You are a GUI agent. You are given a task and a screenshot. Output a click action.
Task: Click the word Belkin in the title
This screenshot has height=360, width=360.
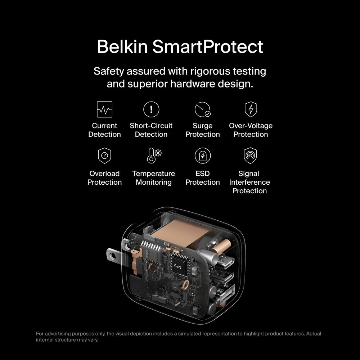click(122, 46)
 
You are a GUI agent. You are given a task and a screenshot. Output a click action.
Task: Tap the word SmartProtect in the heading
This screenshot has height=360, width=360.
click(208, 46)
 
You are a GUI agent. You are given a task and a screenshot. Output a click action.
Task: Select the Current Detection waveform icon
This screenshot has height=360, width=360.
click(104, 109)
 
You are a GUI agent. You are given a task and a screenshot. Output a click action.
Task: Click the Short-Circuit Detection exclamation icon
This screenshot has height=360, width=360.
click(151, 109)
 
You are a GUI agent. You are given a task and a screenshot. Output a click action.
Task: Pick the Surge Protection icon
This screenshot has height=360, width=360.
click(202, 109)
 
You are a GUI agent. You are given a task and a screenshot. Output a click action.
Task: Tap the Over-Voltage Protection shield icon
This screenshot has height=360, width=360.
click(251, 109)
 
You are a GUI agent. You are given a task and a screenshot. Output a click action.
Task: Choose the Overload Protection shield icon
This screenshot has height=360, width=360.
click(104, 156)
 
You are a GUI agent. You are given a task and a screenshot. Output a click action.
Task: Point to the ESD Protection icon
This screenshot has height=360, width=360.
click(202, 156)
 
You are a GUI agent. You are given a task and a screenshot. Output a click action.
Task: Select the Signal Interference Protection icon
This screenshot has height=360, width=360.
click(250, 156)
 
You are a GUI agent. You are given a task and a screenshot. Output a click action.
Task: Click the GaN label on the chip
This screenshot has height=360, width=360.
click(177, 266)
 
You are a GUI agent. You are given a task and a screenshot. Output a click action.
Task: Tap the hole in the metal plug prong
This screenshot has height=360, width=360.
click(112, 256)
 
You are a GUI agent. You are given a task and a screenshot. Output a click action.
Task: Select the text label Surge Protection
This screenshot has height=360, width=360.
click(202, 130)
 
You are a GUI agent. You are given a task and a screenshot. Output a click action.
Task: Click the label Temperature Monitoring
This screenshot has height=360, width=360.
click(154, 178)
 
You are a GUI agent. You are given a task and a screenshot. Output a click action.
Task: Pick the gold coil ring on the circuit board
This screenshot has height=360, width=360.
click(185, 285)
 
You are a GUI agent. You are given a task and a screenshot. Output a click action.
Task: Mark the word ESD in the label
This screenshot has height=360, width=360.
click(202, 174)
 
